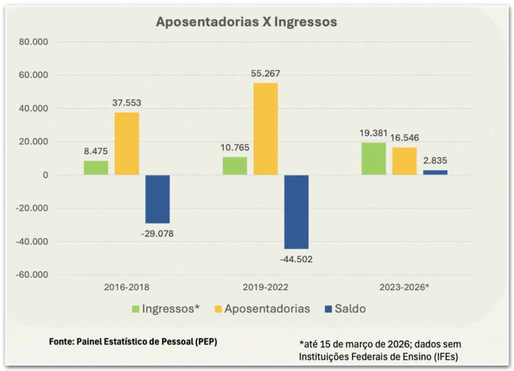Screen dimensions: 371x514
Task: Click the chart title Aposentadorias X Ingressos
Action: point(246,23)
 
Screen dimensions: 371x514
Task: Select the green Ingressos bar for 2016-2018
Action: point(96,168)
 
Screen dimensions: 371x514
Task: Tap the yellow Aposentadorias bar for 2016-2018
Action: point(127,143)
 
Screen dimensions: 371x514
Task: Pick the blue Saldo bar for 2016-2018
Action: point(158,199)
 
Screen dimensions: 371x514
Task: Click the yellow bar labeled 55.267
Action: point(266,129)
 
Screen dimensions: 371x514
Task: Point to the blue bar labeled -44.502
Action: point(296,212)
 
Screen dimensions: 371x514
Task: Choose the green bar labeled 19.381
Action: point(374,159)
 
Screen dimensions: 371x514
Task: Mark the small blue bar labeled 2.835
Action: point(435,172)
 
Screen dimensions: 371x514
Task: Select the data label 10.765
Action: point(235,148)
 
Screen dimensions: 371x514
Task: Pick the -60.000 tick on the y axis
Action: point(31,275)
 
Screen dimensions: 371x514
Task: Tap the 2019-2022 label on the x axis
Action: point(266,288)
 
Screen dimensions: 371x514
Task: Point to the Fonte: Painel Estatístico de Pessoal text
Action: point(133,341)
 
